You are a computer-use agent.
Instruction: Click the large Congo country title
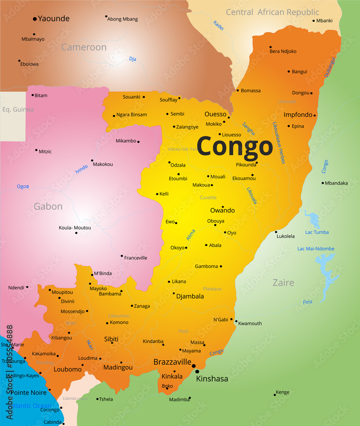pos(234,147)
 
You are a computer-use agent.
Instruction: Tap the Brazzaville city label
pos(172,362)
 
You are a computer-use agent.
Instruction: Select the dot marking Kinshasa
pos(197,372)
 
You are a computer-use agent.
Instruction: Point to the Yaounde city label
pos(54,19)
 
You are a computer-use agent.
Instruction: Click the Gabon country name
pos(48,207)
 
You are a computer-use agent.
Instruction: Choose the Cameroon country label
pos(84,47)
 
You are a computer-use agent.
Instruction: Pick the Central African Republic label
pos(272,12)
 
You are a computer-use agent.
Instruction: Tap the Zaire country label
pos(283,283)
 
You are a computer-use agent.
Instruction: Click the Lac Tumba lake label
pos(317,232)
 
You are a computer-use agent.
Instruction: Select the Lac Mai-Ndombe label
pos(316,249)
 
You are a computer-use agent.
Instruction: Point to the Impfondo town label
pos(298,115)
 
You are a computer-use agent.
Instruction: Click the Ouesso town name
pos(215,114)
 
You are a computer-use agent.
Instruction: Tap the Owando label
pos(222,210)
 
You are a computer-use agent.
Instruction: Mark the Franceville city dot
pos(122,256)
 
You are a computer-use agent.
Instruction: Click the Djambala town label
pos(190,296)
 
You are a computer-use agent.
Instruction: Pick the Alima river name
pos(190,235)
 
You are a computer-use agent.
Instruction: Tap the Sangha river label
pos(248,129)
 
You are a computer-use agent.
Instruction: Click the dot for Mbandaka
pos(323,183)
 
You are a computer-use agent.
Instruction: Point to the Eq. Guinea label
pos(18,109)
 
